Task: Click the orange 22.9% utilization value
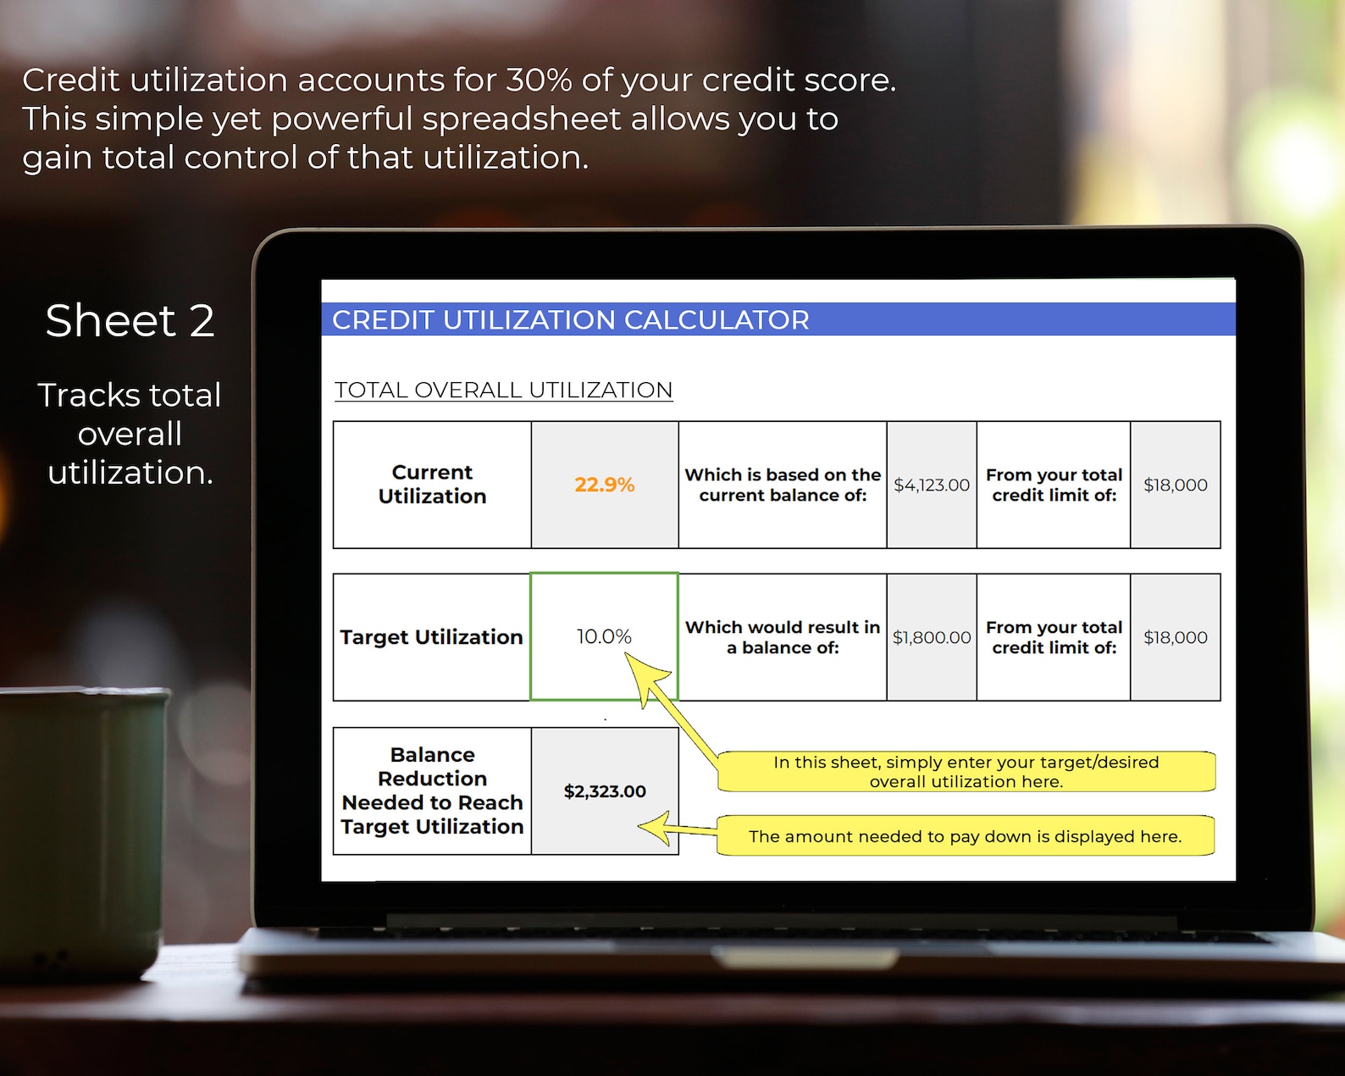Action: click(x=604, y=485)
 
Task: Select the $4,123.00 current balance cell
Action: click(x=931, y=485)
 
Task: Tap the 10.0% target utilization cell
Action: click(x=604, y=636)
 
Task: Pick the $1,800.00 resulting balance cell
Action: click(x=931, y=637)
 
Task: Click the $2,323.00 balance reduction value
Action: click(x=605, y=791)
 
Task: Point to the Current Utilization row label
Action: click(x=432, y=485)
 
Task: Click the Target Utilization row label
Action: click(x=431, y=637)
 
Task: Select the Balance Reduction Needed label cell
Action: click(x=432, y=790)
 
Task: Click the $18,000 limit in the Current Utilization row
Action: click(x=1175, y=485)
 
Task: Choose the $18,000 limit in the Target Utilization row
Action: click(x=1175, y=637)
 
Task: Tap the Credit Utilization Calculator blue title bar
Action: click(x=778, y=319)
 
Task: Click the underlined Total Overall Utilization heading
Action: click(x=503, y=390)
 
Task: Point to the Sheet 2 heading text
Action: click(x=130, y=321)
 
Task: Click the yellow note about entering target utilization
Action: click(x=966, y=772)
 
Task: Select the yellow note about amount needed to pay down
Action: click(x=965, y=836)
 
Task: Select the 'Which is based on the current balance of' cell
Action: click(x=783, y=485)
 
